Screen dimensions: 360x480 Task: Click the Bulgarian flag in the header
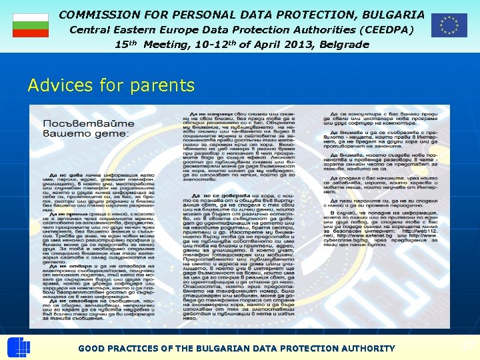[31, 25]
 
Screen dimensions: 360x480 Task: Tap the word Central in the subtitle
[91, 30]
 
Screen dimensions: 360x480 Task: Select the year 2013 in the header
[293, 45]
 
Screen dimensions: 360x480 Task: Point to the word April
[258, 45]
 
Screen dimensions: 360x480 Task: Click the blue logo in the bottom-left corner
[18, 348]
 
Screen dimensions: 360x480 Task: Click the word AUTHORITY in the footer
[368, 349]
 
